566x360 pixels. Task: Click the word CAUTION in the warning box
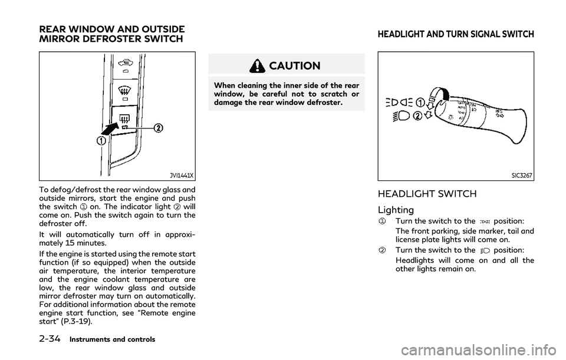coord(295,65)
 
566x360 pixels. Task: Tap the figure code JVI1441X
coord(182,176)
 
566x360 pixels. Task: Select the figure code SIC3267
coord(522,176)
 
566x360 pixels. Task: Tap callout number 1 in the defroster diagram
coord(101,141)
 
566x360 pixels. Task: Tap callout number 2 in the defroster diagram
coord(158,128)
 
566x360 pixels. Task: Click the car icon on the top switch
coord(125,64)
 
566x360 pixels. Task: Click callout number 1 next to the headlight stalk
coord(420,103)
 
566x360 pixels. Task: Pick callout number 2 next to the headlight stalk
coord(417,117)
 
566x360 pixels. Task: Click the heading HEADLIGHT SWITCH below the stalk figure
coord(427,194)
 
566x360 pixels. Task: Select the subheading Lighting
coord(396,210)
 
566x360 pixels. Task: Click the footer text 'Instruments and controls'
coord(112,339)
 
